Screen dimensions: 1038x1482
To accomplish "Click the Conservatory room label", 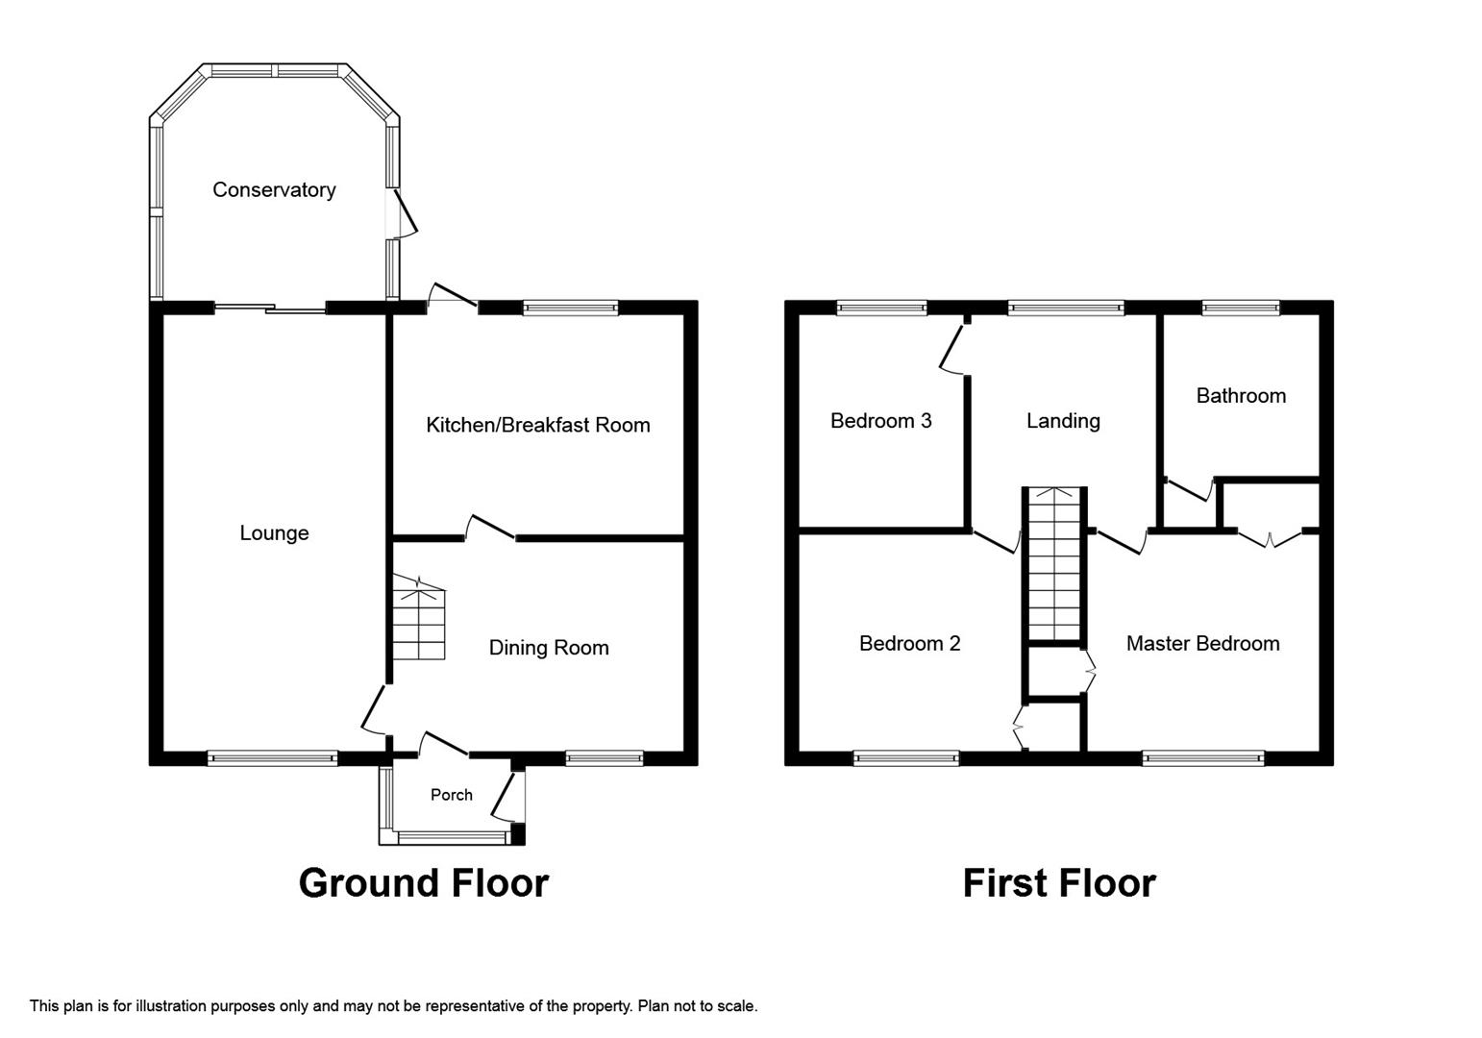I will coord(274,190).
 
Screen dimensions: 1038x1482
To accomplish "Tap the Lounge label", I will coord(274,533).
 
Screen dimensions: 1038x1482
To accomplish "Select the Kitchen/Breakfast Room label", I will coord(538,425).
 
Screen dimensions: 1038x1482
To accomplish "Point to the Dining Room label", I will coord(549,648).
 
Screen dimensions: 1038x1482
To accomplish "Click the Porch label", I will coord(452,795).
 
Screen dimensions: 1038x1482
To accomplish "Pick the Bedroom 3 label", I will coord(881,421).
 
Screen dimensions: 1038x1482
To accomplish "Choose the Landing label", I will coord(1063,421).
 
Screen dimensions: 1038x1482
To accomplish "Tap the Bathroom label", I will coord(1241,396).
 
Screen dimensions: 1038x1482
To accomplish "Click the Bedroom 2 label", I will coord(910,644).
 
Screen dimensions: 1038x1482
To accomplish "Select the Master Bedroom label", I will coord(1203,644).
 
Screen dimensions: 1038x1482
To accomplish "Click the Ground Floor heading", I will coord(423,882).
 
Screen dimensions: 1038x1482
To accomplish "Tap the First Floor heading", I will coord(1059,882).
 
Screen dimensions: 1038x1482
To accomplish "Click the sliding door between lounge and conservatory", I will coord(270,309).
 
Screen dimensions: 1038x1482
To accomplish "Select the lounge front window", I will coord(273,758).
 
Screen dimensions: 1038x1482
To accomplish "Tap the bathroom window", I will coord(1241,308).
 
